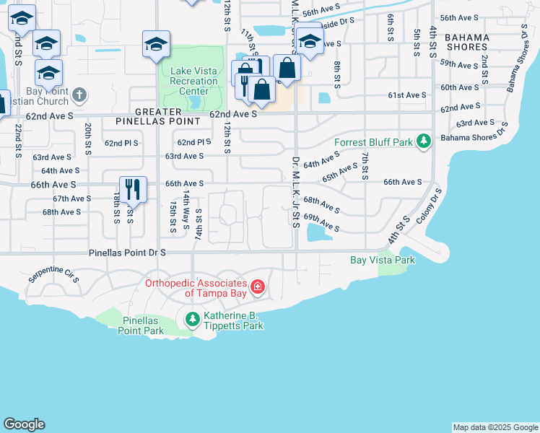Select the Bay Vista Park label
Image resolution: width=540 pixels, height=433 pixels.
383,260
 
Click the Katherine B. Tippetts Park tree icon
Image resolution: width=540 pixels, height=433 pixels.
192,318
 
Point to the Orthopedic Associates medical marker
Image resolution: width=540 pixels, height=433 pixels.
258,288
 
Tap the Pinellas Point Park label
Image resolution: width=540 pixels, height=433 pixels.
143,325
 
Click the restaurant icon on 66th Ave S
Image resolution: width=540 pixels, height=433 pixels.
132,190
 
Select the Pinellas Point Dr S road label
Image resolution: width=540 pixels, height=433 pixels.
128,253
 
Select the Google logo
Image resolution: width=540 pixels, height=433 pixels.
24,424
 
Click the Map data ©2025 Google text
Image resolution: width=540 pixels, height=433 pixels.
495,427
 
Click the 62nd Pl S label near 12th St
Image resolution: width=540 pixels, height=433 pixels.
193,143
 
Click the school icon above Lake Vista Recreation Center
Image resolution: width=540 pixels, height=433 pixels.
156,44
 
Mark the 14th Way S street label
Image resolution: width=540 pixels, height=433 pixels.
186,211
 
